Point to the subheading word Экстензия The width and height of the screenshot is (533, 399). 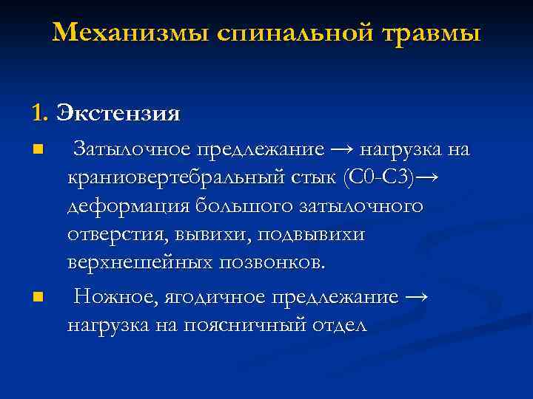pyautogui.click(x=118, y=114)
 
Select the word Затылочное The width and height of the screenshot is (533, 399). pyautogui.click(x=130, y=151)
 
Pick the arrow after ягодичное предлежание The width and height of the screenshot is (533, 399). pyautogui.click(x=417, y=298)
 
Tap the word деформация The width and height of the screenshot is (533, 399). pyautogui.click(x=113, y=207)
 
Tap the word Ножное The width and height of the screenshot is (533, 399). pyautogui.click(x=110, y=298)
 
